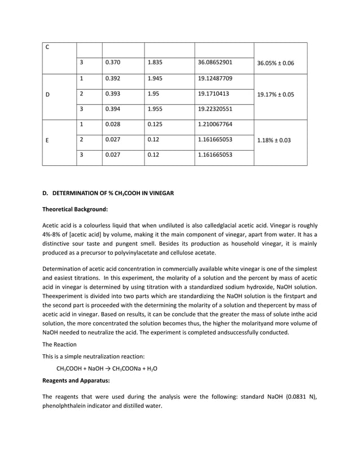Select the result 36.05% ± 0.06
point(275,63)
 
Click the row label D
point(48,94)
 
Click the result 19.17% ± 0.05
point(275,94)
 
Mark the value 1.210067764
point(216,124)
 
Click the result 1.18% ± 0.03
point(274,139)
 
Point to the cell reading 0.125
point(154,124)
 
